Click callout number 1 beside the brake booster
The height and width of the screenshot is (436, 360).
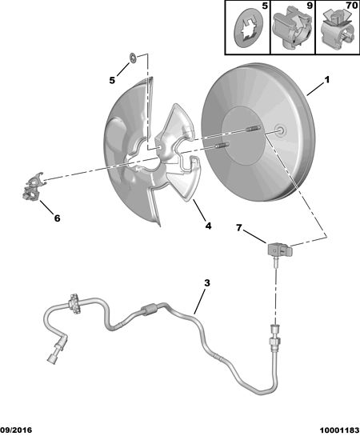(327, 79)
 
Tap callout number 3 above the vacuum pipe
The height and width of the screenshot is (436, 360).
(207, 283)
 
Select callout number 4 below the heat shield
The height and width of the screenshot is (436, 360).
(208, 226)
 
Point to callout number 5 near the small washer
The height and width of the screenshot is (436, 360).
(112, 80)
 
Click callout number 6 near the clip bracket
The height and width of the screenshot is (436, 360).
(57, 218)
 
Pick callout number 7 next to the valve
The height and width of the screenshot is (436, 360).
(239, 228)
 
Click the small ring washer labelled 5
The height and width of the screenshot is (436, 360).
(133, 58)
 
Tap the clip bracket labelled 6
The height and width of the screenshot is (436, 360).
(32, 186)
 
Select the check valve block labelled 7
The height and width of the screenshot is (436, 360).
(280, 250)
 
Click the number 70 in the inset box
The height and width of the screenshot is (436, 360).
(352, 6)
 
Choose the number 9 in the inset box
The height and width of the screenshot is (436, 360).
(310, 6)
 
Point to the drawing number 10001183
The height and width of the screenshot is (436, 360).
(340, 430)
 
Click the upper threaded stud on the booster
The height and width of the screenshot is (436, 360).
(253, 129)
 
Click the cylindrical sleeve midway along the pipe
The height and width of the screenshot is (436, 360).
(150, 310)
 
